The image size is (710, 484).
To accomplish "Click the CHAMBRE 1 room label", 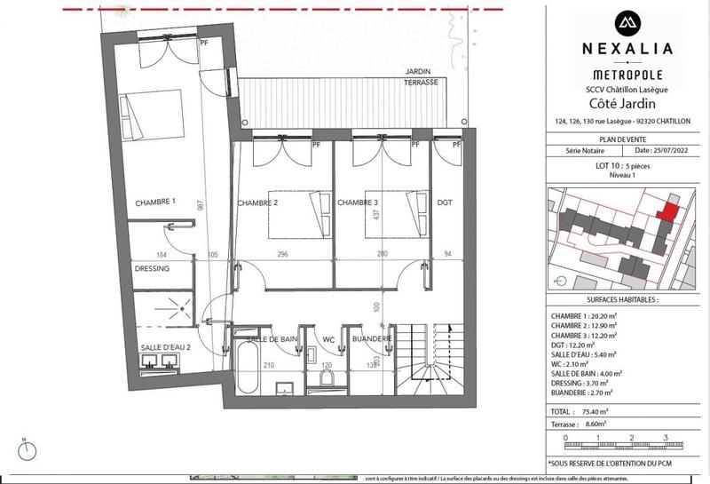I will [x=154, y=202].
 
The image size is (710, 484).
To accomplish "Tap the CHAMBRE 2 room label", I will [x=257, y=202].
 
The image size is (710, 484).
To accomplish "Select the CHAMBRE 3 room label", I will [x=359, y=202].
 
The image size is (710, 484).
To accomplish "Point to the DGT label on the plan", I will [x=445, y=202].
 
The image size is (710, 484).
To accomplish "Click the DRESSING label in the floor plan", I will [x=152, y=268].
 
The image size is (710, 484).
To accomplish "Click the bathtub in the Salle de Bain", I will [x=247, y=367].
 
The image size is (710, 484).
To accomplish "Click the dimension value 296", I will [x=283, y=255].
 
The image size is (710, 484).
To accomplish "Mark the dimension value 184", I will [x=162, y=255].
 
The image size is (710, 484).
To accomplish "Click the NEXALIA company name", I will [x=626, y=49].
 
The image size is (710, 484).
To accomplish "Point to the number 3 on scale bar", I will [x=664, y=437].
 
